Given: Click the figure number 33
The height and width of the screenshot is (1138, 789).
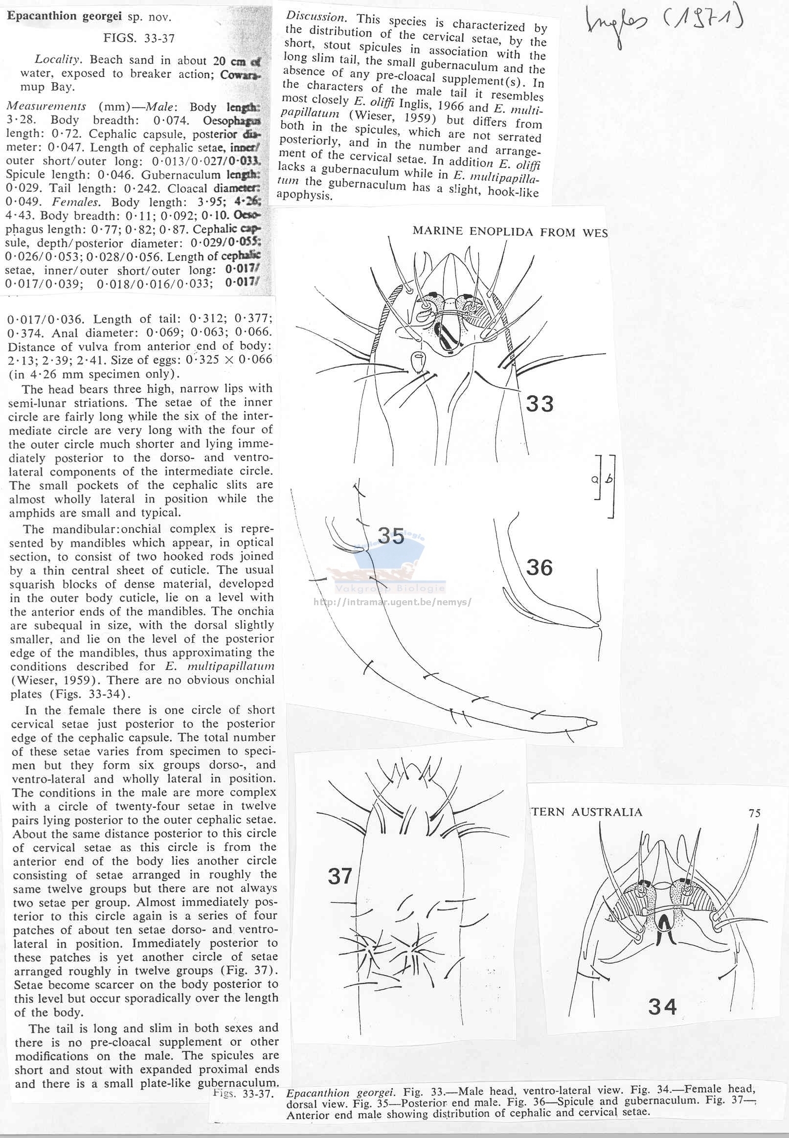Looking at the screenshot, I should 540,404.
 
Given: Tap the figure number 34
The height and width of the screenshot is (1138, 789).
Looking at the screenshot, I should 662,1006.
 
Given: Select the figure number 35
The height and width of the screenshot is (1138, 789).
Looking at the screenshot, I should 390,536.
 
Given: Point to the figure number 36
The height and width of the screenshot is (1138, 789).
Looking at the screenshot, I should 539,568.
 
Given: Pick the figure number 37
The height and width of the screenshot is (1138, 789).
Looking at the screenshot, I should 339,876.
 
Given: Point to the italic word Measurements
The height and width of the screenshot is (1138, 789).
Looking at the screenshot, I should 46,106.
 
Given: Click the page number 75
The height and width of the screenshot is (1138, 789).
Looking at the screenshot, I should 754,813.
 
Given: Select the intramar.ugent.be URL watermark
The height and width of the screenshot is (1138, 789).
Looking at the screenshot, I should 392,602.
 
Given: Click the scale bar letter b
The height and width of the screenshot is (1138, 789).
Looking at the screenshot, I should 609,478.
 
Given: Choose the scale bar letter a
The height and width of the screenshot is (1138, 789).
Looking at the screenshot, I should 594,479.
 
